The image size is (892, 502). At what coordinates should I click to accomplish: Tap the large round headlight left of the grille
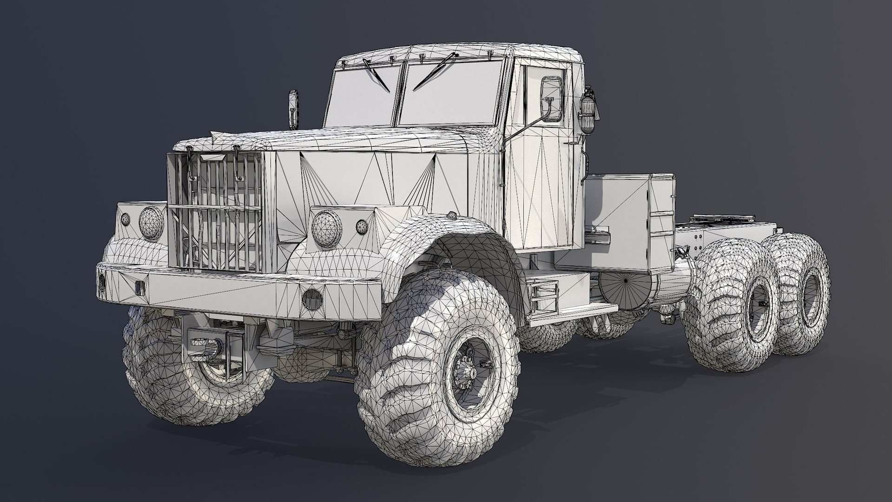tap(151, 223)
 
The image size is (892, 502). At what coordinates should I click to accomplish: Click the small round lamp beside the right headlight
tap(361, 227)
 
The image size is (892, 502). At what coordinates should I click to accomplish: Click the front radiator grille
tap(215, 211)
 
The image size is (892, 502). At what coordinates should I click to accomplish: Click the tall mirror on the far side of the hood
tap(293, 109)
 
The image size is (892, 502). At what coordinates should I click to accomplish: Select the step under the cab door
tap(545, 297)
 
